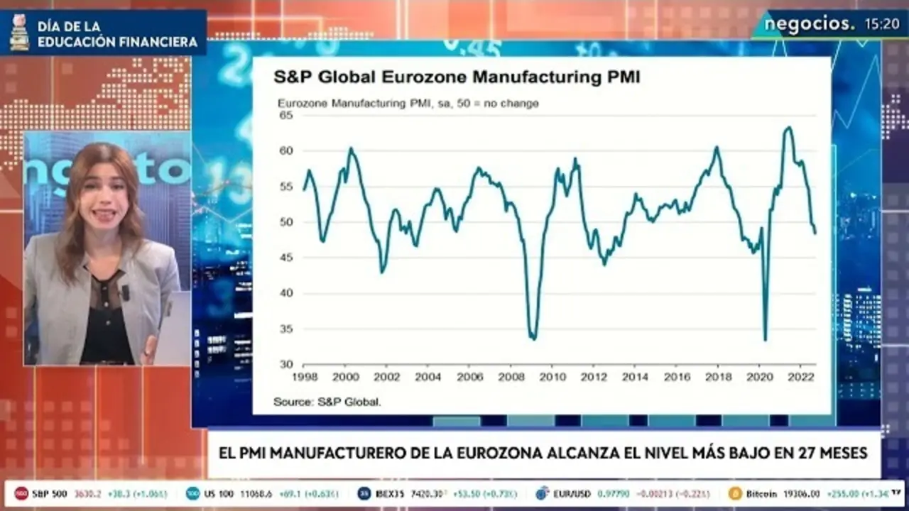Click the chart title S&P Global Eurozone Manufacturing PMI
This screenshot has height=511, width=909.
[x=457, y=77]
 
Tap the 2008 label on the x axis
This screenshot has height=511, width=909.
[x=511, y=377]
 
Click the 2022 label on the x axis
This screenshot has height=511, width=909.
[x=801, y=377]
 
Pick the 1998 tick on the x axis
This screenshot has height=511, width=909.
[x=304, y=377]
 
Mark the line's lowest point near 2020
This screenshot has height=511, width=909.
[x=765, y=339]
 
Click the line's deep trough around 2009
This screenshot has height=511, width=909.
[x=533, y=338]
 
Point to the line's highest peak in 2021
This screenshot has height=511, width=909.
[x=788, y=128]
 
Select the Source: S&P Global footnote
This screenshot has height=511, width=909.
[x=327, y=402]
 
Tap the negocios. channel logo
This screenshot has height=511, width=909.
[x=809, y=24]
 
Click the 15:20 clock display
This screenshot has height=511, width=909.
[x=882, y=24]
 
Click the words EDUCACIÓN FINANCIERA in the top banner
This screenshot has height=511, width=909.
[x=117, y=42]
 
